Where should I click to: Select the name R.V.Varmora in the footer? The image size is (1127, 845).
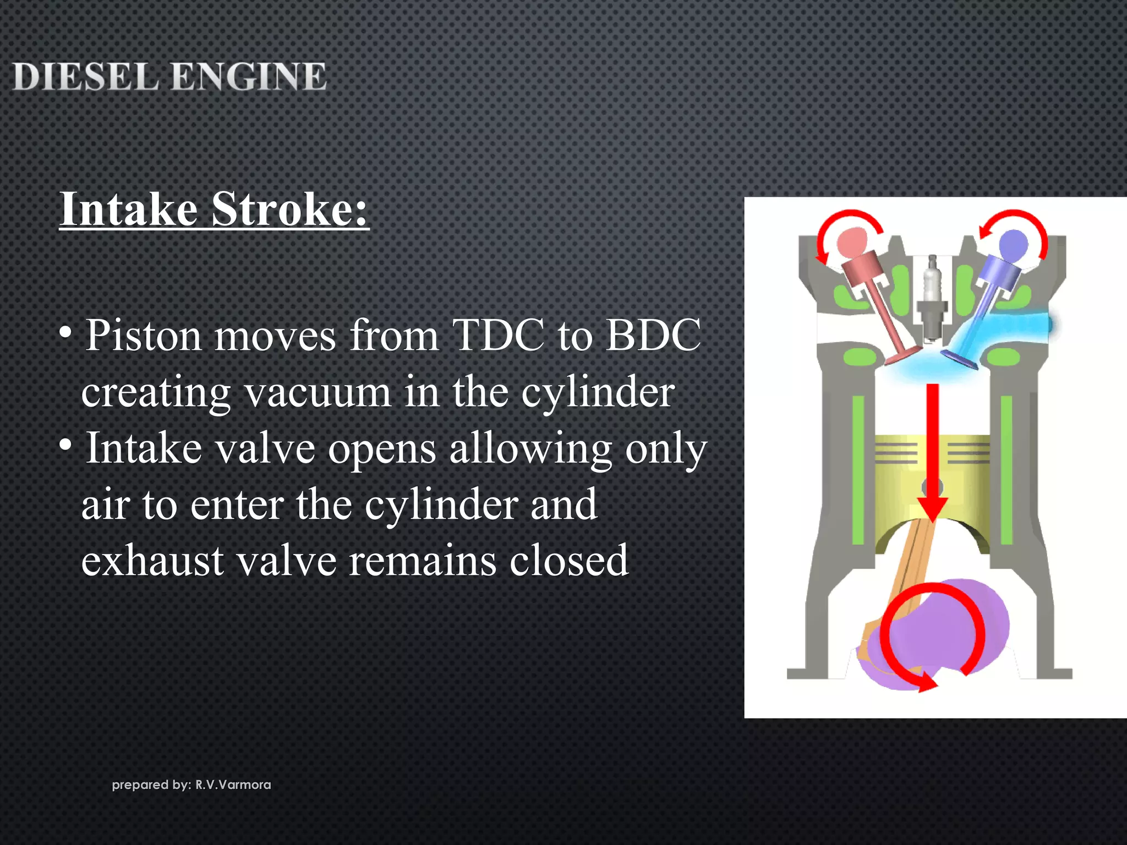coord(233,784)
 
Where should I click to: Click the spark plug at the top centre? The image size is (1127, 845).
coord(932,297)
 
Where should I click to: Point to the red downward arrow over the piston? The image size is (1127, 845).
coord(932,451)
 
